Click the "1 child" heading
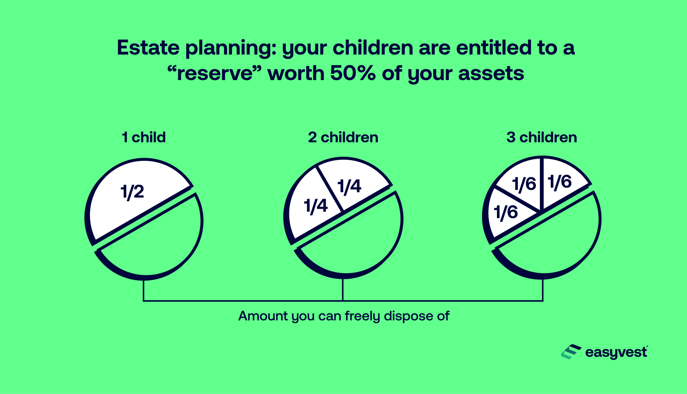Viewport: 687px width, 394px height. click(144, 137)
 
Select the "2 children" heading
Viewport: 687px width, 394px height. click(343, 137)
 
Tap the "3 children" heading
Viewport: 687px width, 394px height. click(542, 137)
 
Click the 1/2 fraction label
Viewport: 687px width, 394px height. click(132, 191)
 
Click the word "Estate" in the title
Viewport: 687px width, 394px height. click(148, 48)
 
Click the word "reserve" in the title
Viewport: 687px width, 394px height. click(215, 73)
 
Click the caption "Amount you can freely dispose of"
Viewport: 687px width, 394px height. click(344, 316)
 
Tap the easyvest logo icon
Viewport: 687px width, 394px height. click(571, 352)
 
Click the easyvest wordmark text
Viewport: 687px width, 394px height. click(616, 352)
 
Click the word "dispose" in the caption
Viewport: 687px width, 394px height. click(403, 317)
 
